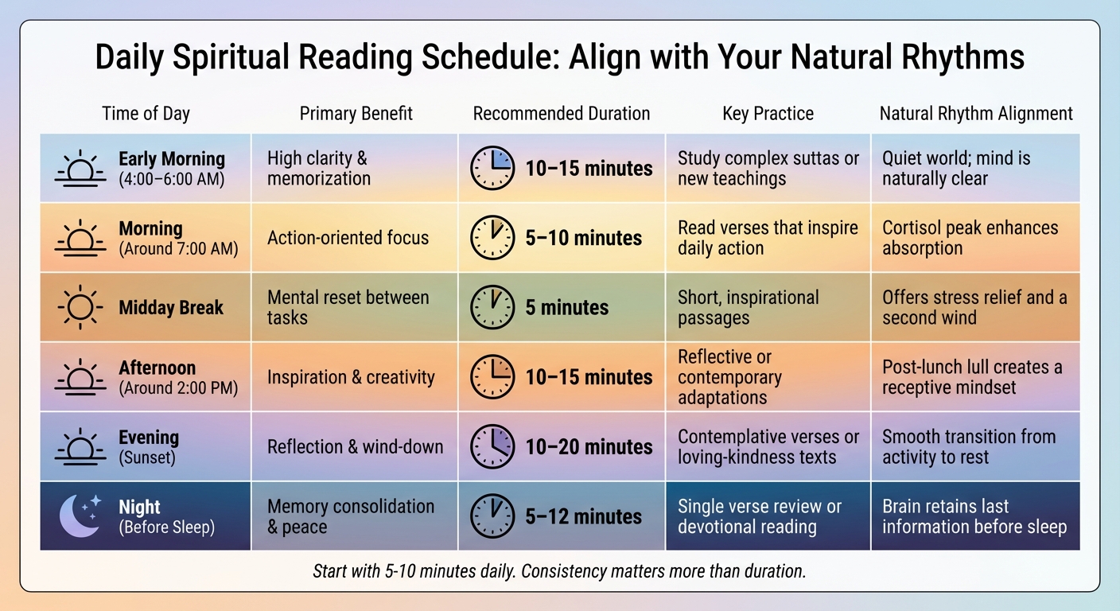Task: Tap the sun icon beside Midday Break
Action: point(80,307)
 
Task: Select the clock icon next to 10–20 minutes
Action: point(492,446)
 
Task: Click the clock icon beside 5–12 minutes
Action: point(492,516)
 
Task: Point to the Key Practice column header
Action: point(768,114)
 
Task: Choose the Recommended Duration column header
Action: point(562,114)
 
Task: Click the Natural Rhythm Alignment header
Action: point(976,114)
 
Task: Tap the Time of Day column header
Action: point(146,114)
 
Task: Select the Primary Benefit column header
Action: point(356,114)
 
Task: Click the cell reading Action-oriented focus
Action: point(348,238)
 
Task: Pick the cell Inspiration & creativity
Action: point(351,377)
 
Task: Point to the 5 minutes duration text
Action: point(566,308)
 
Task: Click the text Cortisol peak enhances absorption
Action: point(970,238)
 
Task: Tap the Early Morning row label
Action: point(172,159)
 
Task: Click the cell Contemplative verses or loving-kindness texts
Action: point(768,446)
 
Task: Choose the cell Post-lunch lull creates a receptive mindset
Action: point(971,377)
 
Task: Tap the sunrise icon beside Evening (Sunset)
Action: point(80,446)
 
